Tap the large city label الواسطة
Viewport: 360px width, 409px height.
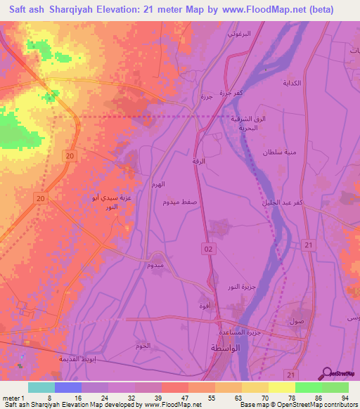[x=227, y=349]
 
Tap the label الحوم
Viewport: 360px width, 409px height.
[x=143, y=346]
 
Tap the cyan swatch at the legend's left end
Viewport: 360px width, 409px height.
[x=41, y=387]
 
